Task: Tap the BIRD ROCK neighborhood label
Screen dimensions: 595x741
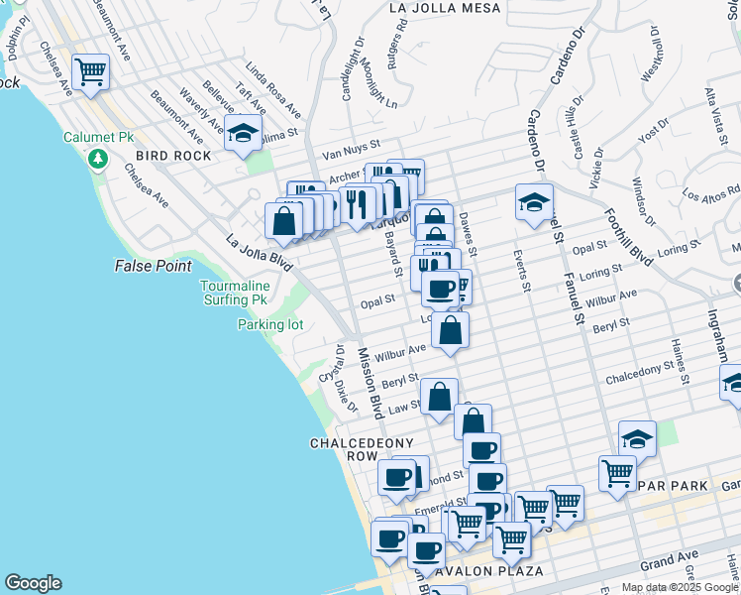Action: coord(173,156)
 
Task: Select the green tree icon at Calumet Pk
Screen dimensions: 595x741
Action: coord(97,159)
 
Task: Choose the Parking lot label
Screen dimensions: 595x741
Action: coord(269,324)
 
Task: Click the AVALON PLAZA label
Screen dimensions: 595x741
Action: coord(494,571)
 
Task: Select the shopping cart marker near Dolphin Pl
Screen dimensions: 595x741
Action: coord(90,71)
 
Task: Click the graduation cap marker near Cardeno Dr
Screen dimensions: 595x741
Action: coord(533,203)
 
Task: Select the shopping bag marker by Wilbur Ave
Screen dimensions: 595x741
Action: coord(450,331)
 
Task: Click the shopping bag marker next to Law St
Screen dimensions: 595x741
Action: coord(439,398)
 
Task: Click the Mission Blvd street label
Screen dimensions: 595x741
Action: coord(370,381)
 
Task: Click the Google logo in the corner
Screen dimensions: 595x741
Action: coord(33,583)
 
